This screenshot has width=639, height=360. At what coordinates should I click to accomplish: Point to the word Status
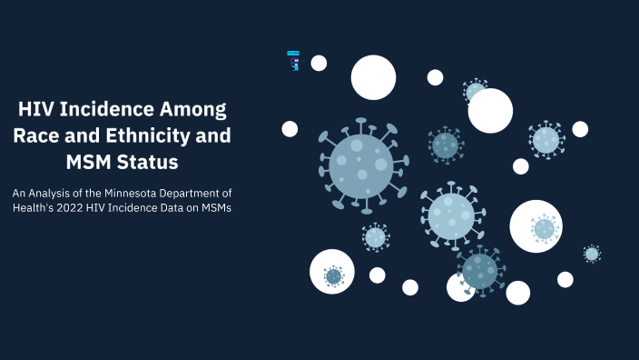pos(145,163)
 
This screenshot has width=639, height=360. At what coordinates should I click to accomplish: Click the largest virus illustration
pos(362,165)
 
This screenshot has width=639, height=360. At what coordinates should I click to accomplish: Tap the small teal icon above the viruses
pos(293,60)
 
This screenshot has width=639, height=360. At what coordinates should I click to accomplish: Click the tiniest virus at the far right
pos(592,254)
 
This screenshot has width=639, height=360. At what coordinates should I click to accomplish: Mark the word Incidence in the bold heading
pos(104,111)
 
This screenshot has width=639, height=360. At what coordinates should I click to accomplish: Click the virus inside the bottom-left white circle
pos(333,275)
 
